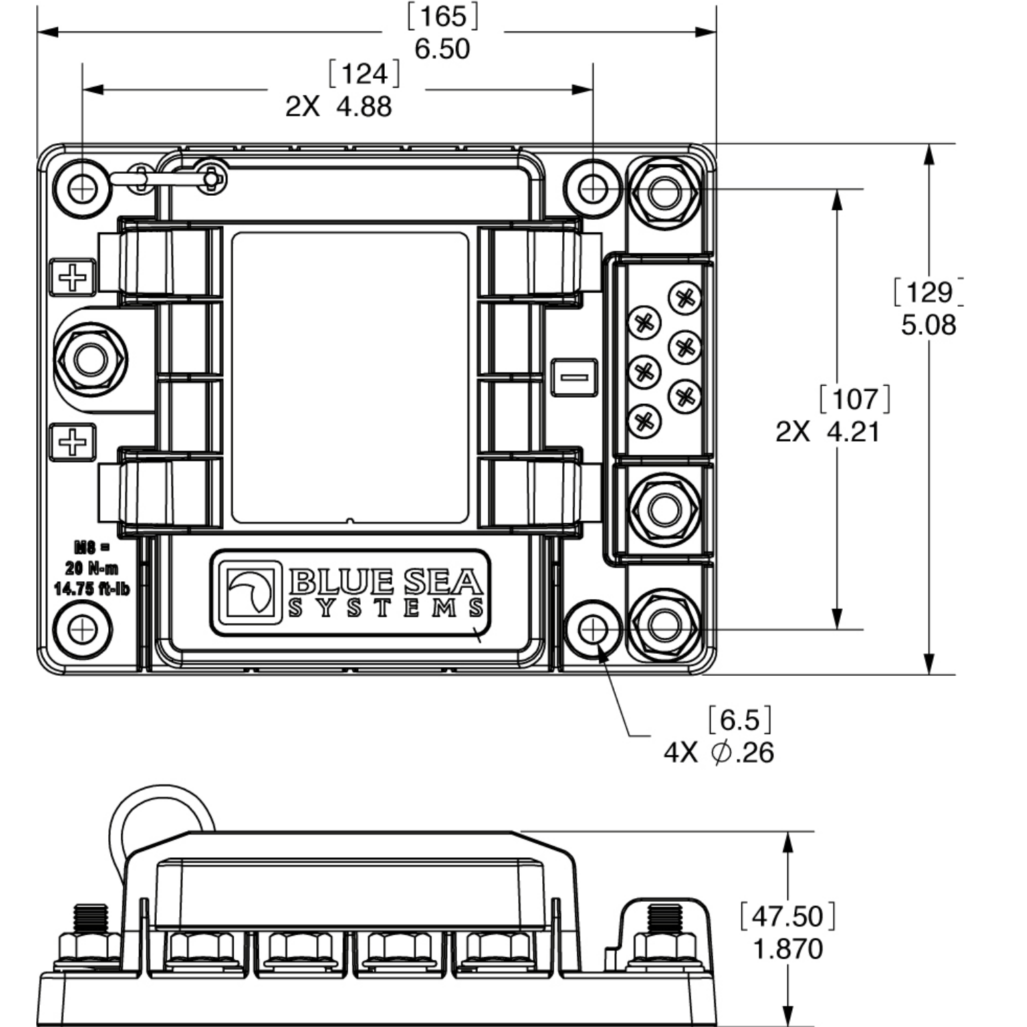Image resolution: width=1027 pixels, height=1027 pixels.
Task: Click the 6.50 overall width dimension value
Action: (x=442, y=49)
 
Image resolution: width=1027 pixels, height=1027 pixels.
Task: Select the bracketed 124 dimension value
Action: (x=364, y=74)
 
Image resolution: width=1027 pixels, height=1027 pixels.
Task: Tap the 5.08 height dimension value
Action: (x=928, y=325)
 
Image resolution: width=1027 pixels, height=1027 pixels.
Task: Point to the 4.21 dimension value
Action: (x=853, y=432)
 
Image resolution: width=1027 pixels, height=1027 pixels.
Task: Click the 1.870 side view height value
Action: (x=787, y=949)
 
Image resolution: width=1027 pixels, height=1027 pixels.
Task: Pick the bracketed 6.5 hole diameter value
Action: (x=740, y=720)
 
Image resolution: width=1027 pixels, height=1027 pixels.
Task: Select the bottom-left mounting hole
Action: (x=83, y=629)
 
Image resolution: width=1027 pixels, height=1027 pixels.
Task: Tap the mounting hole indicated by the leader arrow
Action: (x=592, y=629)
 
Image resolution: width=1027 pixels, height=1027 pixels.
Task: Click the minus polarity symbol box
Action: (x=574, y=377)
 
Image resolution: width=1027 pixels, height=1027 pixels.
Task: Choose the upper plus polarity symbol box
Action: (x=73, y=277)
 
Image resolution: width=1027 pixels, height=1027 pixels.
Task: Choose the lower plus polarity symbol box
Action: (x=73, y=442)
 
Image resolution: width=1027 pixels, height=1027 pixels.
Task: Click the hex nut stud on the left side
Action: (x=90, y=359)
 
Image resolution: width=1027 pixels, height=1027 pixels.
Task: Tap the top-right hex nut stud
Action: (x=663, y=192)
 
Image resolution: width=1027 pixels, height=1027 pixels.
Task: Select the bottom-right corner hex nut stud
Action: (x=663, y=624)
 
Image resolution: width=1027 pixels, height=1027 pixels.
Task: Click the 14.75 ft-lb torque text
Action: (x=91, y=589)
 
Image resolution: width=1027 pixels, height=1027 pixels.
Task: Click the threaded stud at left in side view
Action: (x=90, y=920)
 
